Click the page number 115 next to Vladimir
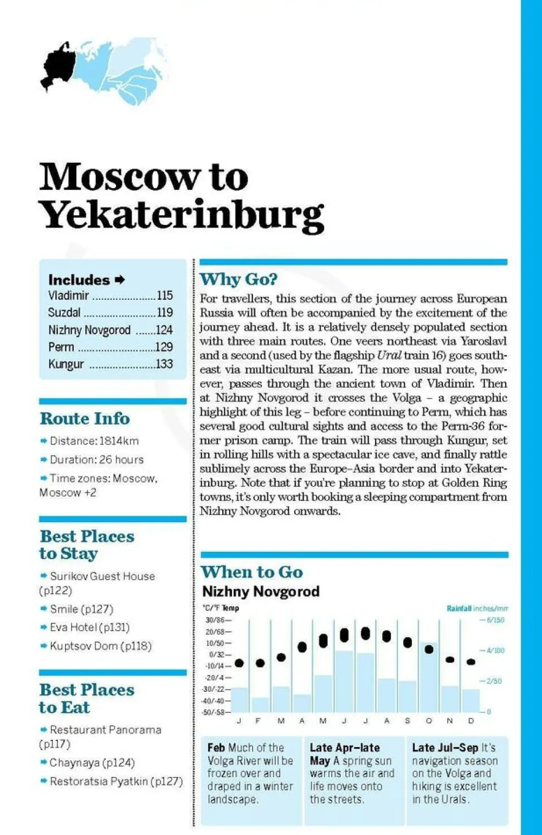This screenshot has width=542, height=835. tap(165, 296)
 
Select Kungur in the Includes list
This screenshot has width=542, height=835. tap(66, 364)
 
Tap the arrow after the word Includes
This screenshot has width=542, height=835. tap(120, 280)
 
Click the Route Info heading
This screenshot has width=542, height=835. tap(85, 419)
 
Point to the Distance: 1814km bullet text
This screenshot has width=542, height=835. tap(94, 441)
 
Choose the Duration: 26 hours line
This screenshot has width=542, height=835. tap(96, 459)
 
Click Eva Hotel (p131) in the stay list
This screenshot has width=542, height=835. tap(89, 627)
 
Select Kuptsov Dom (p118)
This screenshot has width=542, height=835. tap(100, 646)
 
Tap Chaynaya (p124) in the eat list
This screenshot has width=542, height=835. tap(92, 762)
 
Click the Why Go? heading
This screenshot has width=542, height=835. tap(238, 279)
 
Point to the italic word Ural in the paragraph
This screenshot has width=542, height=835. tap(389, 355)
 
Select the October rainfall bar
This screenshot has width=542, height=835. tap(429, 678)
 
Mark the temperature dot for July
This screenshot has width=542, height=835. tap(365, 633)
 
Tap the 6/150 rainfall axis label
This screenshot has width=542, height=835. tap(495, 620)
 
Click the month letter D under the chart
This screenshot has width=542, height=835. tap(470, 721)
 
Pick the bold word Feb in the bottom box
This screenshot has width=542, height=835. tap(216, 748)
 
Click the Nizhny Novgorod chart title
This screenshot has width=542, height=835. tap(261, 591)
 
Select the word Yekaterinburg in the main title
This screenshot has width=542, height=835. tap(182, 214)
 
